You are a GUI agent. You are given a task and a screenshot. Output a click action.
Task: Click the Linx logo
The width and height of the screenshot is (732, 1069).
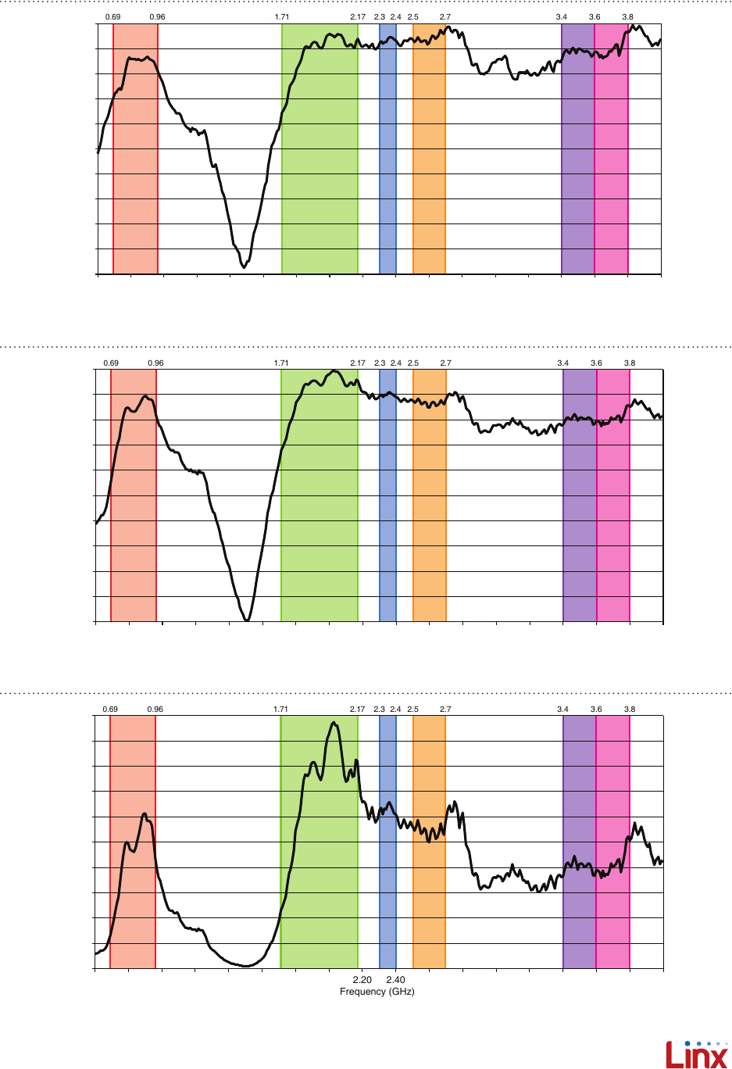point(696,1054)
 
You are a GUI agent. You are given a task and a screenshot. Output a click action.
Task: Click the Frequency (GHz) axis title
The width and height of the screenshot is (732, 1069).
point(377,992)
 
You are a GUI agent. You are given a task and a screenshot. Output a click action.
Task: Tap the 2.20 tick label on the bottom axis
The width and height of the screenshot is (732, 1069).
point(362,980)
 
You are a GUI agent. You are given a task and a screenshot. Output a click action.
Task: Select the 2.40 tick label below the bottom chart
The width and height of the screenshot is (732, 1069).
point(395,980)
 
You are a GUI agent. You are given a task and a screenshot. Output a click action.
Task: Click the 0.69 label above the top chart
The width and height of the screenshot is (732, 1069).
point(112,16)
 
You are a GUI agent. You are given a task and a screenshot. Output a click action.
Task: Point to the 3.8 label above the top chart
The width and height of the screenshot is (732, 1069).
point(627,16)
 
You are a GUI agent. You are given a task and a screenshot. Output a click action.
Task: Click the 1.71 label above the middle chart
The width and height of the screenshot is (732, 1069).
point(281,363)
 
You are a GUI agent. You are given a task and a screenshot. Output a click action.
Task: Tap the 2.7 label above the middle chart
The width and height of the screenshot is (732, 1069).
point(445,363)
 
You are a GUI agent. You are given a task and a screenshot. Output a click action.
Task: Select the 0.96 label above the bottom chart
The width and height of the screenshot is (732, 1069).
point(155,710)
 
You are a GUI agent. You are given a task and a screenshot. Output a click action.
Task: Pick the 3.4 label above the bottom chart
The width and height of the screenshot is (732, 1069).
point(562,710)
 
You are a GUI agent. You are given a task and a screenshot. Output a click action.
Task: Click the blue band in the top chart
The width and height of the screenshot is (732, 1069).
point(387,156)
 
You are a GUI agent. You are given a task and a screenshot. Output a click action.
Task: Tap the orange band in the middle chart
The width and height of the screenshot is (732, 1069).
point(429,508)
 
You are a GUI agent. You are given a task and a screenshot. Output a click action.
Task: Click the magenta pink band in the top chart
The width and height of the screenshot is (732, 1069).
point(611,156)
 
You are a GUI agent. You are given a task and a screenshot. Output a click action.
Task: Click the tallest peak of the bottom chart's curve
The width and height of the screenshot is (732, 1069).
point(334,723)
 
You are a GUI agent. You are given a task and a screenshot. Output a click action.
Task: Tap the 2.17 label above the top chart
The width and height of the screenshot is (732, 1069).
point(358,16)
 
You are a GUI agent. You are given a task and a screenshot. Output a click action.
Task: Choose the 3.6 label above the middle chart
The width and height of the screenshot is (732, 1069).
point(596,363)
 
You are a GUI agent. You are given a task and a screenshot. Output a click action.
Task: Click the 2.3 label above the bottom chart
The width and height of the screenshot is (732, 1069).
point(380,710)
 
